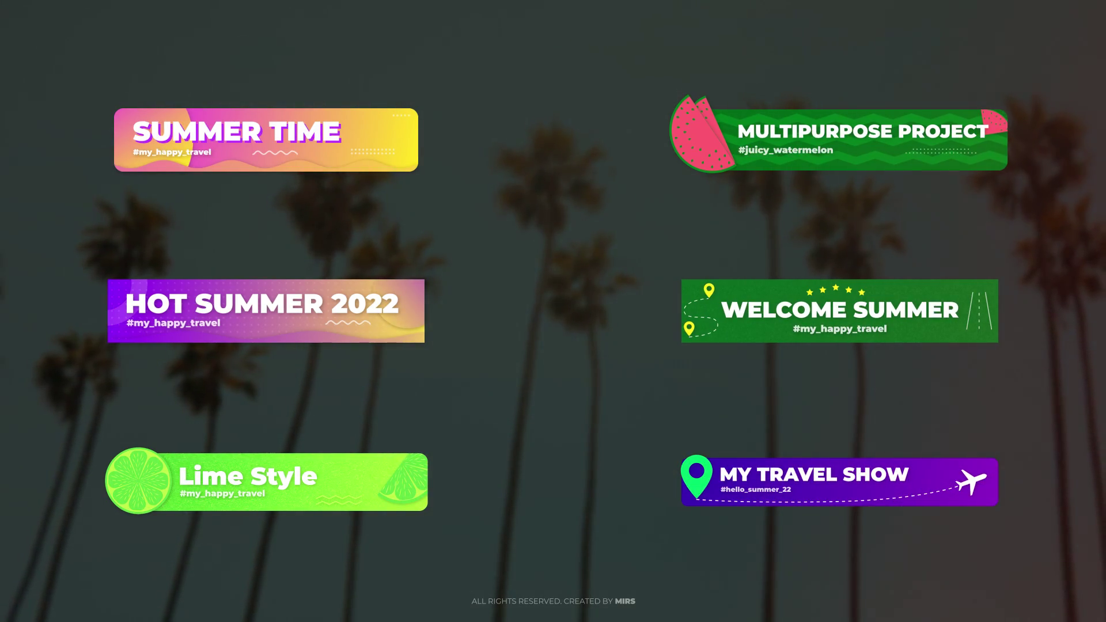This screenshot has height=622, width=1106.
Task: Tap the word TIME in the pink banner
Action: coord(305,132)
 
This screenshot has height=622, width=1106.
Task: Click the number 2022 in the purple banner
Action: coord(365,304)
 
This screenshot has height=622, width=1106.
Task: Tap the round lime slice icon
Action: coord(138,481)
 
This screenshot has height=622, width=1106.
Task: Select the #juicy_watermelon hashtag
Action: coord(786,150)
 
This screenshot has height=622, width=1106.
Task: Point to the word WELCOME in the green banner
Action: coord(784,310)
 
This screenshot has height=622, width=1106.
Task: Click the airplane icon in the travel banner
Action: coord(971,481)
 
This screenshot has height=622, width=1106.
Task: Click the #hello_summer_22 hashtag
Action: coord(756,490)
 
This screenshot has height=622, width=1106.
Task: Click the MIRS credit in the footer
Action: coord(625,601)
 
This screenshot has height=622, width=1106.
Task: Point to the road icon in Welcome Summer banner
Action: coord(979,310)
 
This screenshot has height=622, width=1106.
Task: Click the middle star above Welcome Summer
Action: coord(836,287)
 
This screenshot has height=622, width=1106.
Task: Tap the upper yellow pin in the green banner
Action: coord(709,290)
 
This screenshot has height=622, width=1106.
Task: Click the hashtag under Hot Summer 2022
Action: coord(173,323)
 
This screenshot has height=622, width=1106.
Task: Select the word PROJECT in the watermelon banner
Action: coord(943,131)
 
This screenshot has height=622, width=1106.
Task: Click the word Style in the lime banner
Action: coord(283,477)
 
